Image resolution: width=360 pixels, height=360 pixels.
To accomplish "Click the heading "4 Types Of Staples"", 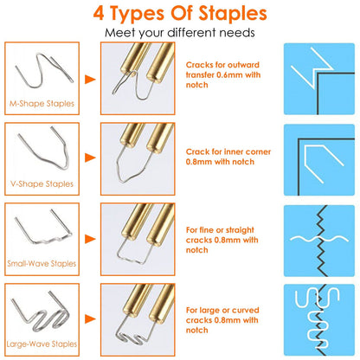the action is click(x=180, y=14).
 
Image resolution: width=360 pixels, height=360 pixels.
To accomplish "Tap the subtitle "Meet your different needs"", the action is click(x=180, y=33).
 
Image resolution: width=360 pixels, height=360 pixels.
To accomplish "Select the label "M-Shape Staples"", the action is click(x=42, y=104).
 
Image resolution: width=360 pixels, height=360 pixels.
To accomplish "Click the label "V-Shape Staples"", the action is click(x=42, y=183).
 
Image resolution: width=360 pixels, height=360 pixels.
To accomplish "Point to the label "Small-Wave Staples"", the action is click(x=42, y=263).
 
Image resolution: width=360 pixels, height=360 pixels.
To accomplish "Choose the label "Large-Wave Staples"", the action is click(x=42, y=344).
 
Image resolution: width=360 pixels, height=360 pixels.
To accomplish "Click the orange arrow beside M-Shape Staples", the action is click(x=90, y=80).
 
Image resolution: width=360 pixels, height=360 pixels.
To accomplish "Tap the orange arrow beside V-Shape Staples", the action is click(x=90, y=157).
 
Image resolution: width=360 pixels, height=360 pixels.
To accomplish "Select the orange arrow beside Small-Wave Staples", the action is click(x=90, y=239).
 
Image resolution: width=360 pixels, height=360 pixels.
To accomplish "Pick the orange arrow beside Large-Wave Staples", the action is click(x=90, y=318).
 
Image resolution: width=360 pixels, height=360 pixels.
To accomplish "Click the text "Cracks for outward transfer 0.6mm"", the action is click(x=222, y=70).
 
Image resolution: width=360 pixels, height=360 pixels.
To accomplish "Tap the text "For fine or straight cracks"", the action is click(x=220, y=235).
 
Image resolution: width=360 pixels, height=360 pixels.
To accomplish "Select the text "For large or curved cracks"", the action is click(x=222, y=315).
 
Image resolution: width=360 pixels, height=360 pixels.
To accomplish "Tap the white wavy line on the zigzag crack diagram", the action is click(x=319, y=239).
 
